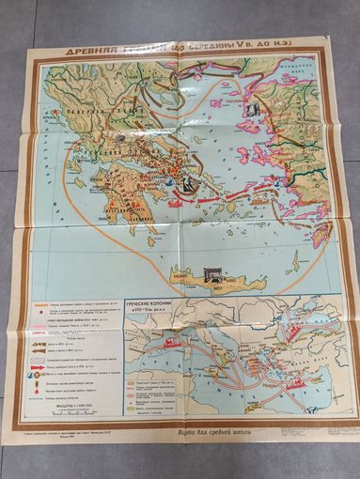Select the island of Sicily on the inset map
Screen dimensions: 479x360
(178, 376)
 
